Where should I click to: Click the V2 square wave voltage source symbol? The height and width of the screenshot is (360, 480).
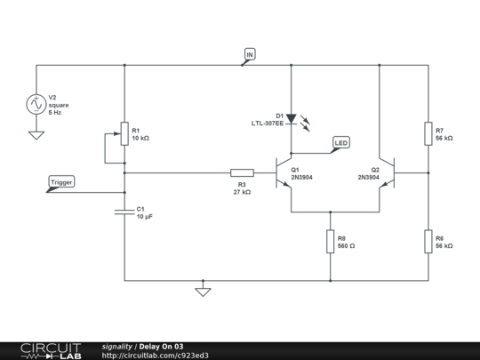[36, 104]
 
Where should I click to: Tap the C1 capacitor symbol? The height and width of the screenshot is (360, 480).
[124, 212]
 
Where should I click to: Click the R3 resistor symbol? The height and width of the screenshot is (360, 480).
[242, 172]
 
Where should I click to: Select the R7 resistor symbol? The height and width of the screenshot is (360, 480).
[428, 134]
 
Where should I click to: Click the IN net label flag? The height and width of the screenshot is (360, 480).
[249, 56]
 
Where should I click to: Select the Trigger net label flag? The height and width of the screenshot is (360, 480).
[61, 183]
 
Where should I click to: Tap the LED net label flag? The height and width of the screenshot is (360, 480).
[341, 142]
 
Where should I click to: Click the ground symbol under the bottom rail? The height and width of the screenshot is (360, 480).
[203, 290]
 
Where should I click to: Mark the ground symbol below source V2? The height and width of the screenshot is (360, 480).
[36, 135]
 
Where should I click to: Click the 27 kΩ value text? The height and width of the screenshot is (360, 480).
[242, 192]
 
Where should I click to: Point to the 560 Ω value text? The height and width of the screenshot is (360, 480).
[346, 245]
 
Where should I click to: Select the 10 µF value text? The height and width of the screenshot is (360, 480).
[145, 217]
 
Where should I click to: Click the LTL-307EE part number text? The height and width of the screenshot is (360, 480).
[267, 124]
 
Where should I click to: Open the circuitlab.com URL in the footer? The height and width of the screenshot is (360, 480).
[156, 356]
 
